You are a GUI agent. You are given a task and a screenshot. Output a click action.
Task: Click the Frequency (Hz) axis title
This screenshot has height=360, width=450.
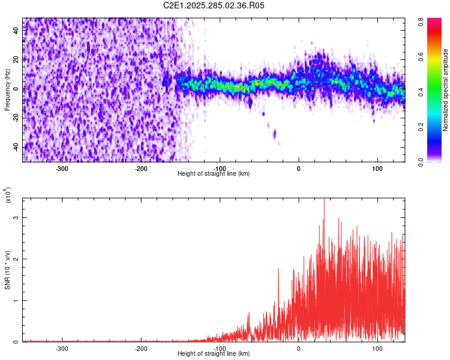[x=7, y=89]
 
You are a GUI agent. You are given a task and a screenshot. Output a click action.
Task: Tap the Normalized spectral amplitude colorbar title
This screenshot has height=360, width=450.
[x=446, y=90]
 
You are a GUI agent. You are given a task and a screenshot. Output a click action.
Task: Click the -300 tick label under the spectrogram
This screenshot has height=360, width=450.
[x=62, y=169]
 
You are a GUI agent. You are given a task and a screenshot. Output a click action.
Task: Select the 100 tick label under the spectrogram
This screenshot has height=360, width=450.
[x=377, y=169]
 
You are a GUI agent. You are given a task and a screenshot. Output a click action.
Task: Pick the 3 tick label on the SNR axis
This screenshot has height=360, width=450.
[x=17, y=218]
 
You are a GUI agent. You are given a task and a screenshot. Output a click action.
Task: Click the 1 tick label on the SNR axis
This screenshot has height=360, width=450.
[x=17, y=301]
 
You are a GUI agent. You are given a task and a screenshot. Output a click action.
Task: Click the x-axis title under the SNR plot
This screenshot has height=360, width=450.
[x=214, y=355]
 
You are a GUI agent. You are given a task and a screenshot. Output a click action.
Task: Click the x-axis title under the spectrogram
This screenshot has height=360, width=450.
[x=214, y=173]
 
